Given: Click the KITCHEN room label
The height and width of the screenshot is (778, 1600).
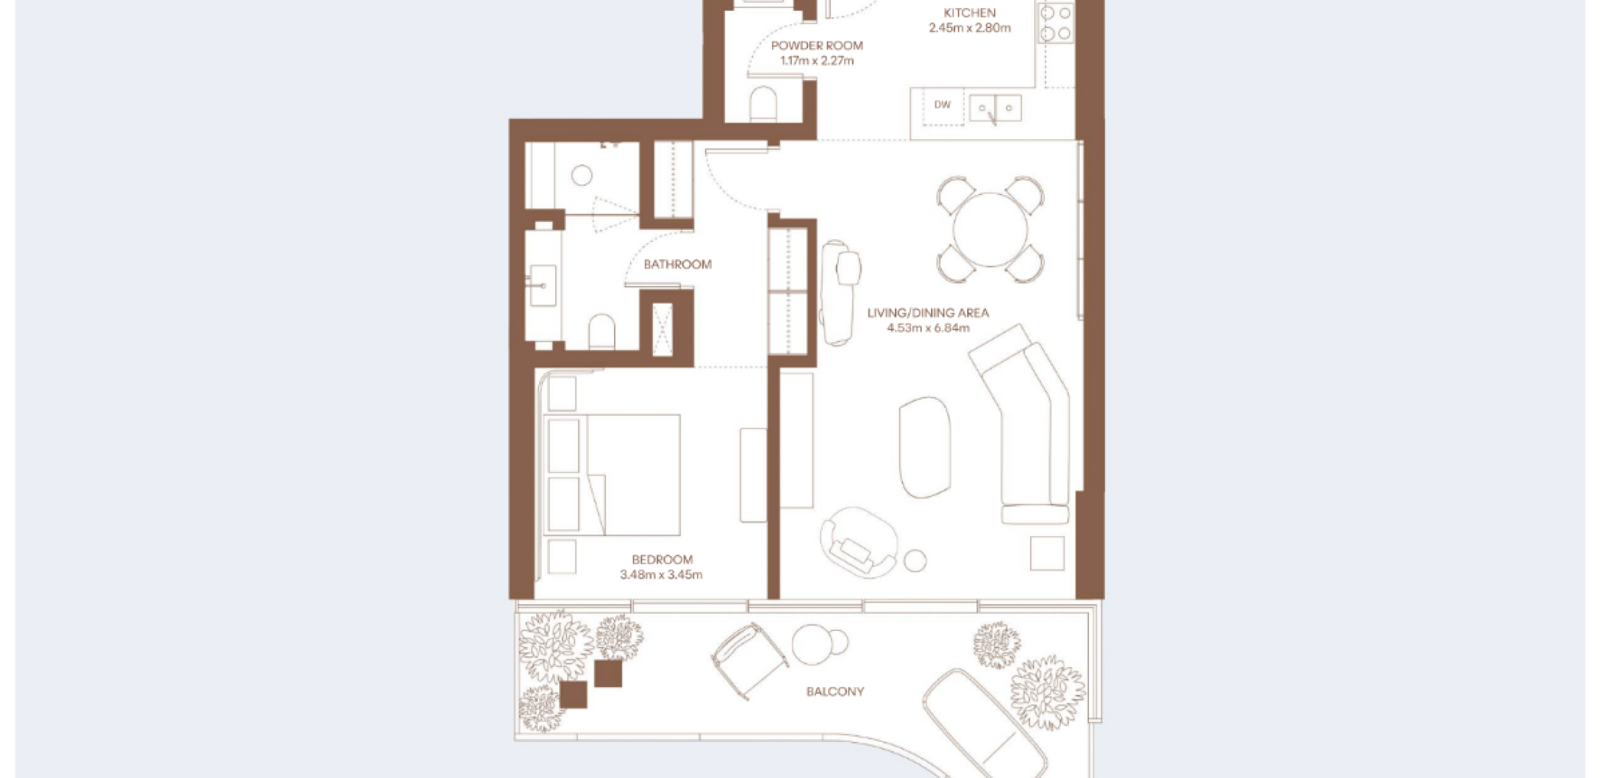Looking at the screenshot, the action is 969,12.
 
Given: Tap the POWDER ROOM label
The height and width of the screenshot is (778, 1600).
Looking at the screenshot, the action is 817,45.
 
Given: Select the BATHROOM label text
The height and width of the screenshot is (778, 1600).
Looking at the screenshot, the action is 677,264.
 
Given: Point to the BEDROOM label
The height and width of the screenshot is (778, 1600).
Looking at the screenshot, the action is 662,559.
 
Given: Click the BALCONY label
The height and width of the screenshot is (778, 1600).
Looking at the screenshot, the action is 835,692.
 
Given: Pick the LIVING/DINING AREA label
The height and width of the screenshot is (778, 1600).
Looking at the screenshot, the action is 928,313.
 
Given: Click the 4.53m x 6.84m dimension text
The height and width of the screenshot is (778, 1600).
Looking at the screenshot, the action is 928,328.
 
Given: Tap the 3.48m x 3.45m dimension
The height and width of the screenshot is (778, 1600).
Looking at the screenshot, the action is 661,575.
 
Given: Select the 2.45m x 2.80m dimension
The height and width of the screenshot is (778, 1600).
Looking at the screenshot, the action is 969,28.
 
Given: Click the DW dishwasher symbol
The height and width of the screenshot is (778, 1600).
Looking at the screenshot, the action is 943,105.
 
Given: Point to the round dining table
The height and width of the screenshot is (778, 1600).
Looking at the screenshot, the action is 990,230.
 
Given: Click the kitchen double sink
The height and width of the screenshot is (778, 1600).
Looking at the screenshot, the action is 995,109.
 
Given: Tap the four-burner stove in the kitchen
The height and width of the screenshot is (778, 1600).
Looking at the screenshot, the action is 1056,22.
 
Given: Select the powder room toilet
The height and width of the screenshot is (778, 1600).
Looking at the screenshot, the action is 763,105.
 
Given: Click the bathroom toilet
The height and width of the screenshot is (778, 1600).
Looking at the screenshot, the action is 602,331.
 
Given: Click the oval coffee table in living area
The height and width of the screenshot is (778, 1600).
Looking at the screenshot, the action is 925,447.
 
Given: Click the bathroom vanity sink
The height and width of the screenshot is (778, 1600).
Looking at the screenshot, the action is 543,286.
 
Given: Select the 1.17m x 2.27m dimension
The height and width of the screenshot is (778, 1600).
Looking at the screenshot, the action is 817,61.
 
